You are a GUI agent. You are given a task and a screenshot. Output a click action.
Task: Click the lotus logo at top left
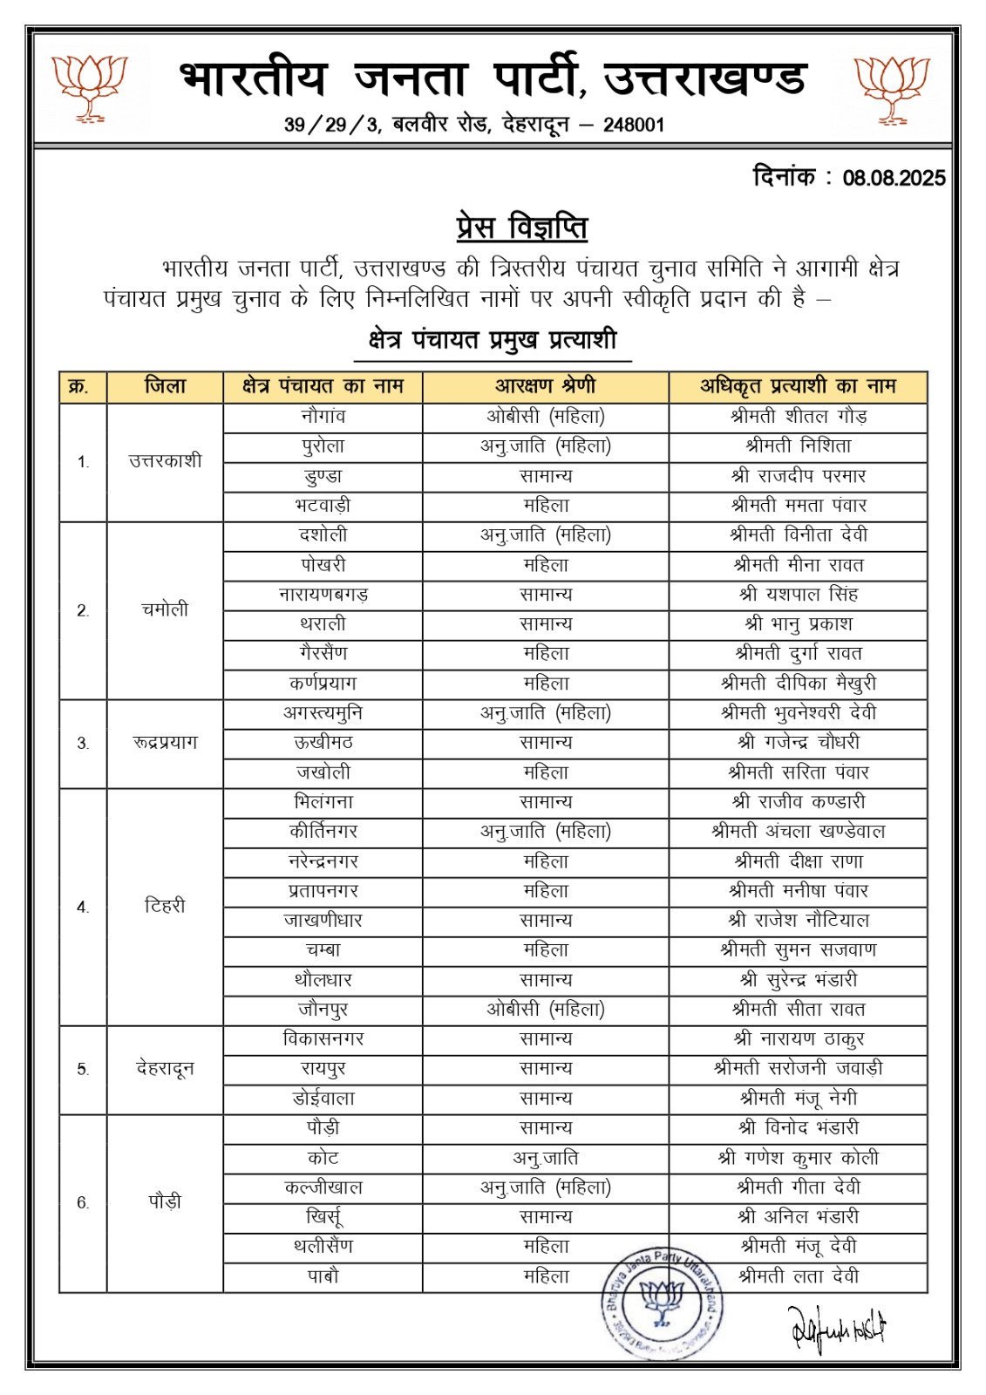89,87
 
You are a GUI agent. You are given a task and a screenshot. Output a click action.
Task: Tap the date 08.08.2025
894,179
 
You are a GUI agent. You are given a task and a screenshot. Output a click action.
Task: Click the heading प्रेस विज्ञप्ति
521,228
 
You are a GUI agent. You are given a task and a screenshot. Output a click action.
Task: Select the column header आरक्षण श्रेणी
546,386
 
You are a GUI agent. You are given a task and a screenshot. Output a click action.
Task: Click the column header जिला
165,386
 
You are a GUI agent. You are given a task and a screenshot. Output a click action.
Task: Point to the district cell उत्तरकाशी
165,461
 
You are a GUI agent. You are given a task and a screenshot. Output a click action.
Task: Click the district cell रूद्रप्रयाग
165,743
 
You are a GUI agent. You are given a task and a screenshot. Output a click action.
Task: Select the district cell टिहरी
165,907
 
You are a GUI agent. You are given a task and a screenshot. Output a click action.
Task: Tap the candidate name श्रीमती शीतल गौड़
799,417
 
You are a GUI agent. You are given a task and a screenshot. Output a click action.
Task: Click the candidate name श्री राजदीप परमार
799,476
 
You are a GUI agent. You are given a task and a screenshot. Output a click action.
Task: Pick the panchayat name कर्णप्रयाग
323,684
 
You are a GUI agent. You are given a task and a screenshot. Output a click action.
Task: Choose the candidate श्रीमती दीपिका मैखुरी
799,684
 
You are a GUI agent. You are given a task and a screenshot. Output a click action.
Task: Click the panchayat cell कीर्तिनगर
323,832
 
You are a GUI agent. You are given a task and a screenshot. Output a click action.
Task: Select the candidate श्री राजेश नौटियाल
799,921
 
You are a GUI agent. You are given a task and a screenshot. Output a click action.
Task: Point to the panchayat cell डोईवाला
323,1099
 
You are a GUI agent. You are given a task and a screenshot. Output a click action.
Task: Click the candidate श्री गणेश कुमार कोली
799,1158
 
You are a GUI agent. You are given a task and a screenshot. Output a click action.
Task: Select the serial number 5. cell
83,1070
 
